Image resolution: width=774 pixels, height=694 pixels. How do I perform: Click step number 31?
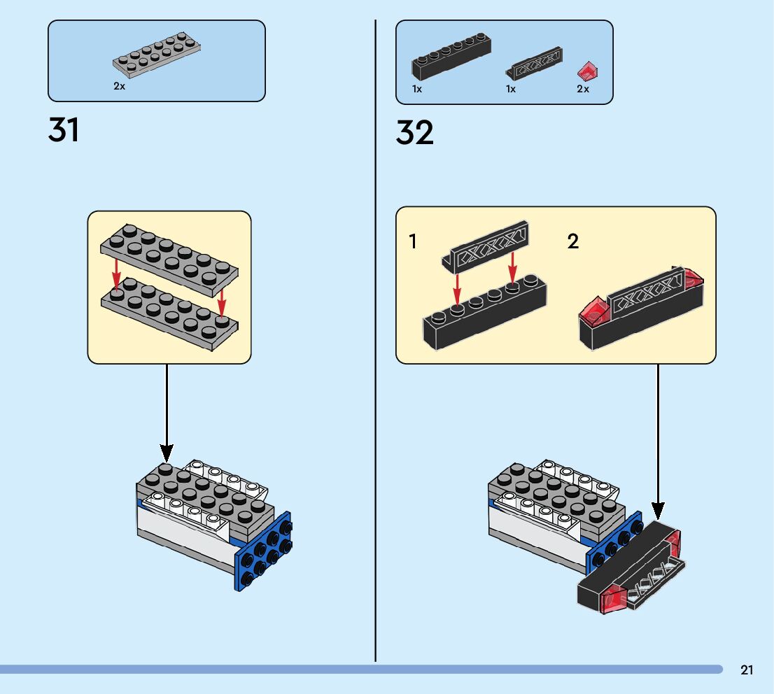[x=64, y=131]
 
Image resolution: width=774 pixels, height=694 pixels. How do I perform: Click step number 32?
[x=414, y=133]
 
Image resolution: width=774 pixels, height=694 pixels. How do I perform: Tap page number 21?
[x=747, y=670]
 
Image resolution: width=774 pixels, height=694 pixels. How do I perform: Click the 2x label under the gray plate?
[x=119, y=87]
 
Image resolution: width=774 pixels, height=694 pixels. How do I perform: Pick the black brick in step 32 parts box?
[x=451, y=58]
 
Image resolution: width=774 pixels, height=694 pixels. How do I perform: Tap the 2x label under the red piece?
[x=583, y=89]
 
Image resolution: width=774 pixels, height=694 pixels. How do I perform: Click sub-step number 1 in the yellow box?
[x=413, y=242]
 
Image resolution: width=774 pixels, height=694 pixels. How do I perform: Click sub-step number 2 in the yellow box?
[x=573, y=242]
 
